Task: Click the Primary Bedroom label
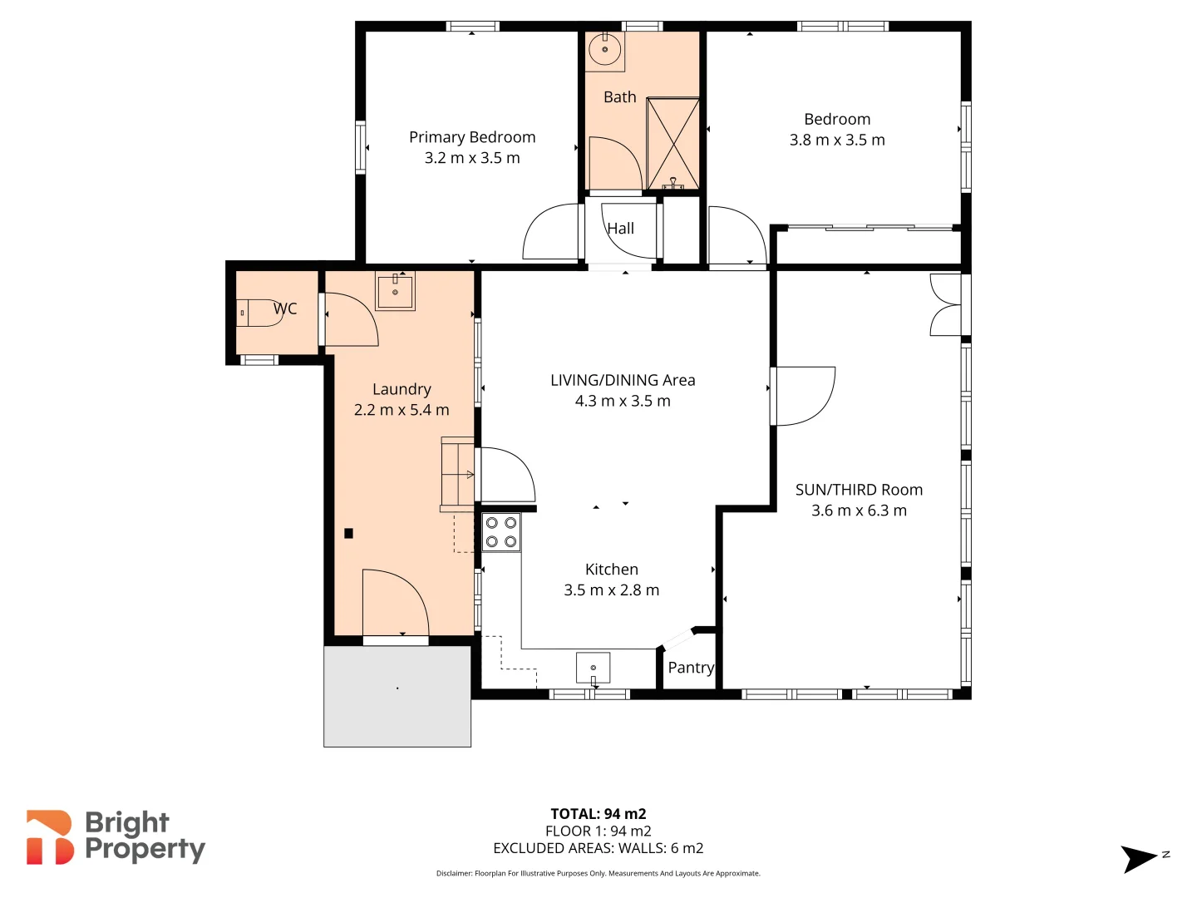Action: [472, 137]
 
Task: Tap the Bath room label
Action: [619, 97]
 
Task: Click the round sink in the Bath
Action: [604, 50]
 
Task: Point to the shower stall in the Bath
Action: [672, 144]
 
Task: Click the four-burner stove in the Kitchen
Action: [501, 532]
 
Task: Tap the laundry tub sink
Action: [395, 292]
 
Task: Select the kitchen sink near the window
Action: [593, 668]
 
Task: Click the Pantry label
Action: [691, 668]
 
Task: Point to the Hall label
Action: [620, 229]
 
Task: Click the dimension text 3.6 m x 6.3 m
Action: [859, 511]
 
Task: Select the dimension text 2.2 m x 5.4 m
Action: [401, 410]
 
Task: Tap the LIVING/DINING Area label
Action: [623, 380]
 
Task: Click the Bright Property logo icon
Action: [49, 837]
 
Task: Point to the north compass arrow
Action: [1139, 858]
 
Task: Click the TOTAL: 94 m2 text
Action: [598, 814]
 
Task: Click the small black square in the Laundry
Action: [349, 534]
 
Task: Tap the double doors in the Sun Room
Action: [946, 305]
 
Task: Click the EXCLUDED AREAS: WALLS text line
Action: [598, 848]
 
